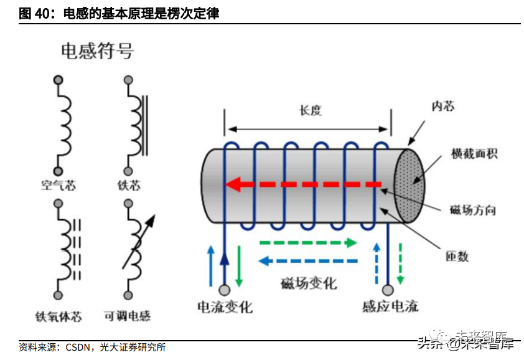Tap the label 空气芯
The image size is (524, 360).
pyautogui.click(x=58, y=186)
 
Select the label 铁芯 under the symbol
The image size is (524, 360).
pyautogui.click(x=129, y=186)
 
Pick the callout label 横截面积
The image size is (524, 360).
pyautogui.click(x=474, y=153)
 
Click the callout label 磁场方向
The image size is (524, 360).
pyautogui.click(x=472, y=210)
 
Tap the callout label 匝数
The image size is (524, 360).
pyautogui.click(x=456, y=256)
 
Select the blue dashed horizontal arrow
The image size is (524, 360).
pyautogui.click(x=307, y=261)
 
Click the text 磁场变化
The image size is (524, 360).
pyautogui.click(x=308, y=283)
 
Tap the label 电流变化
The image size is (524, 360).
pyautogui.click(x=225, y=306)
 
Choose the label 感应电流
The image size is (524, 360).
pyautogui.click(x=390, y=306)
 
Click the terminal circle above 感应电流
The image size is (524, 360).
pyautogui.click(x=388, y=290)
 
